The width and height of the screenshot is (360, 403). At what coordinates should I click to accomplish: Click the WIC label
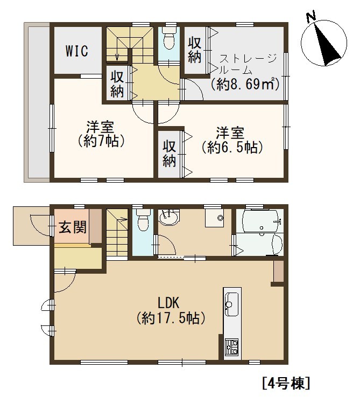(77, 51)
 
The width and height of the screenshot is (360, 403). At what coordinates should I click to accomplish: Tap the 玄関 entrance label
(73, 227)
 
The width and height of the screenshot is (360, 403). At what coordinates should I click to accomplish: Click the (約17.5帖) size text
(171, 318)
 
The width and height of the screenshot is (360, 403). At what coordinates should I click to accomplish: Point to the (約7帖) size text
(101, 141)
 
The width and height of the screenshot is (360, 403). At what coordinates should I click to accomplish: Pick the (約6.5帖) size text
(231, 147)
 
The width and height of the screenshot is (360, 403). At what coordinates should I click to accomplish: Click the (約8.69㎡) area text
(245, 84)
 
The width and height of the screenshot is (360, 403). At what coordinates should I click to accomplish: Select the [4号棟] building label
(286, 383)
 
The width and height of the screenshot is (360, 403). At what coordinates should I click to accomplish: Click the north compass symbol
(324, 43)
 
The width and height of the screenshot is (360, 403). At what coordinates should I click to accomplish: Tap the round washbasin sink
(168, 218)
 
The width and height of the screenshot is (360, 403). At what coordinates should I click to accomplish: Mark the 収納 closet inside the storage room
(195, 51)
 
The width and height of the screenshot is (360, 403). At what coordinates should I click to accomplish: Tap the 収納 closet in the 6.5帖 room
(169, 154)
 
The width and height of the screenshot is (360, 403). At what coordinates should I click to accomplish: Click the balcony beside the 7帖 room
(37, 102)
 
